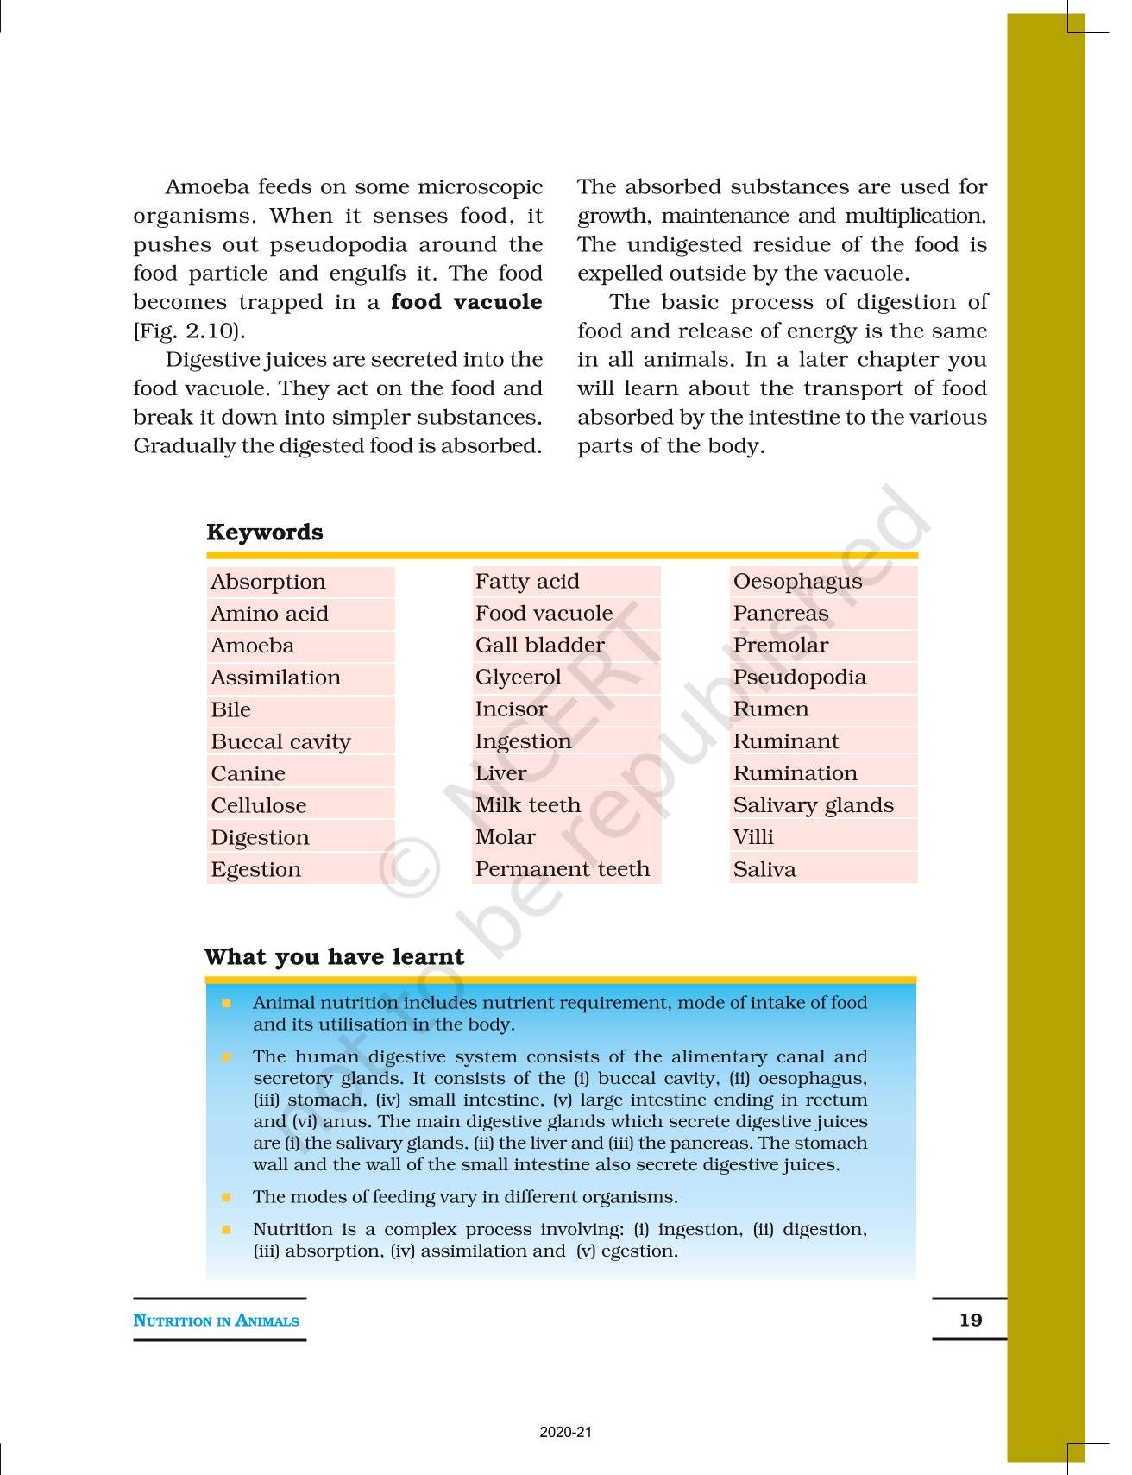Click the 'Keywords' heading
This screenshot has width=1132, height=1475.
(265, 533)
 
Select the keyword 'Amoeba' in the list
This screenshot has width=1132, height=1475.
(253, 646)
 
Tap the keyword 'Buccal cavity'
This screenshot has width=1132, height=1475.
(280, 742)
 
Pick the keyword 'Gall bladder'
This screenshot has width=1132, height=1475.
(539, 646)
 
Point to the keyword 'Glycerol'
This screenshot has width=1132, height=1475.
(518, 678)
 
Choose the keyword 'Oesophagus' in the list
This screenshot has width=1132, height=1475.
(797, 582)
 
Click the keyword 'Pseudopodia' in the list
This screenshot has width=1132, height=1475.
(799, 678)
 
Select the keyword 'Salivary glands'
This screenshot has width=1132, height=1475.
(813, 805)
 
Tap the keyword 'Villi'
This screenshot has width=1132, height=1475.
(753, 837)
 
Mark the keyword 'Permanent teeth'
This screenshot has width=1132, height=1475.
(563, 869)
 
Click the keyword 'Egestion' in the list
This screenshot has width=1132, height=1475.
(256, 870)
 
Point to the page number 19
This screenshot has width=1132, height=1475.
(971, 1320)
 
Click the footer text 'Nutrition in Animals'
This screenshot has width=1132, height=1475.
(217, 1321)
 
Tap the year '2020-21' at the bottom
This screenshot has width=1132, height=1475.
(566, 1432)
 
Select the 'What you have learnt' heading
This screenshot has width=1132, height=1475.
(334, 957)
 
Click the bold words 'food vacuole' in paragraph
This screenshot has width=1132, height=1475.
(467, 302)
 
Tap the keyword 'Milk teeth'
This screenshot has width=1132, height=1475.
(527, 805)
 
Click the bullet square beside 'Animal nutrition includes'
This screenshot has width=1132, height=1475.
(226, 1003)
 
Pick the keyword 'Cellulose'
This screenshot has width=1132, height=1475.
(259, 806)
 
